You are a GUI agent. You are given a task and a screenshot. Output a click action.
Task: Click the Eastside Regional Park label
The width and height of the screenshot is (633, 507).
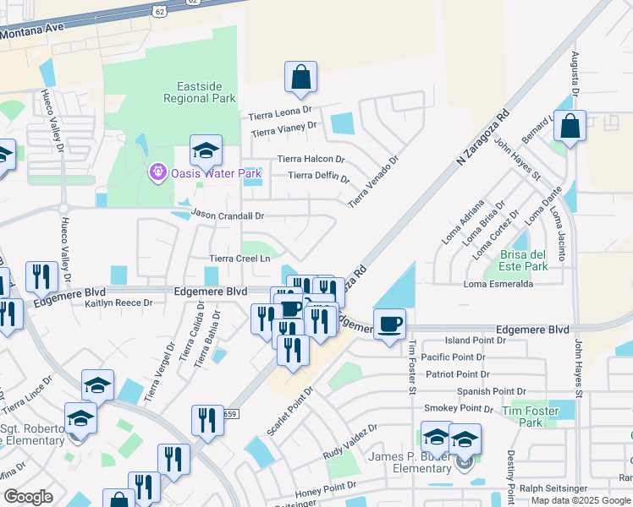coord(195,92)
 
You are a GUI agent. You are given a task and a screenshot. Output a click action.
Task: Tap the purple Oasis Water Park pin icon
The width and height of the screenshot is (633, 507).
coord(157,173)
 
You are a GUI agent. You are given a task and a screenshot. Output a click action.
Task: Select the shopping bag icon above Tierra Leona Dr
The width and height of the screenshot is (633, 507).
coord(300,78)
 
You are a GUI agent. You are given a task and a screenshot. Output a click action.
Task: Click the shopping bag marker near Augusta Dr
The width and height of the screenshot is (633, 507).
coord(570,127)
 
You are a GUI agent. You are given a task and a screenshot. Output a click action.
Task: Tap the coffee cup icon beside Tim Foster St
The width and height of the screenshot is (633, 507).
coord(389,324)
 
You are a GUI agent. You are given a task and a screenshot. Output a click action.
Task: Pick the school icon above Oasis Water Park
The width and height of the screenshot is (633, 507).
coord(206,151)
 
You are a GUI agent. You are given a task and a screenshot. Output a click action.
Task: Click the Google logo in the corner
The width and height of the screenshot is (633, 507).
coord(28,497)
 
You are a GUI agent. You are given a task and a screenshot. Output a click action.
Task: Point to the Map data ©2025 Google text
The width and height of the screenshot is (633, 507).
coord(581,500)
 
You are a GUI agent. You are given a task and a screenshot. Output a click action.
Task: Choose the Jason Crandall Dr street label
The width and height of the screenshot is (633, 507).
coord(228,216)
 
